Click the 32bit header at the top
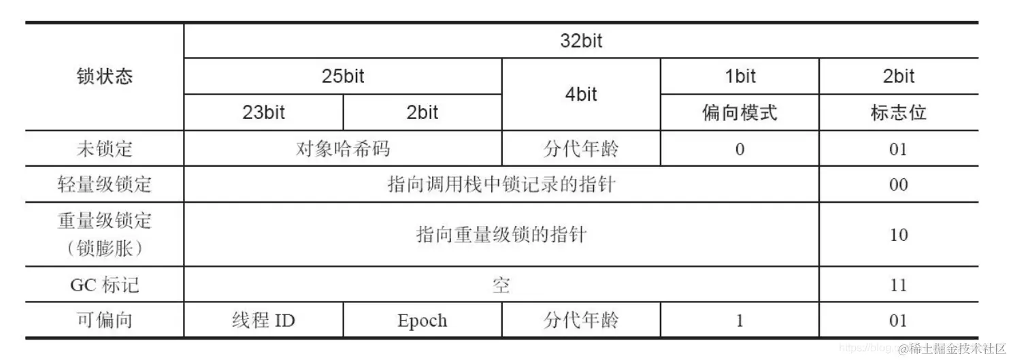coord(580,41)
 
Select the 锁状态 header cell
coord(105,76)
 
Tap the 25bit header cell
coord(343,76)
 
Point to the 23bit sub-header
coord(263,112)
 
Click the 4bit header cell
coord(581,95)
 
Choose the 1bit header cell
coord(740,76)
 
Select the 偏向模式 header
coord(740,112)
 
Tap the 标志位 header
coord(898,112)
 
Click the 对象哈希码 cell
coord(343,148)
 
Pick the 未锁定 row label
coord(105,148)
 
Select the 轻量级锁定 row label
coord(105,184)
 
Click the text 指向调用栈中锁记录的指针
coord(501,184)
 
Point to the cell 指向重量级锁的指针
coord(501,235)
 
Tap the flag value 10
coord(898,235)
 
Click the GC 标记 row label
coord(105,284)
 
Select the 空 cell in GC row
coord(501,284)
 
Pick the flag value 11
coord(898,284)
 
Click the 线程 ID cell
coord(263,321)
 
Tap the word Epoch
coord(422,321)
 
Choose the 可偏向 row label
coord(105,321)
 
